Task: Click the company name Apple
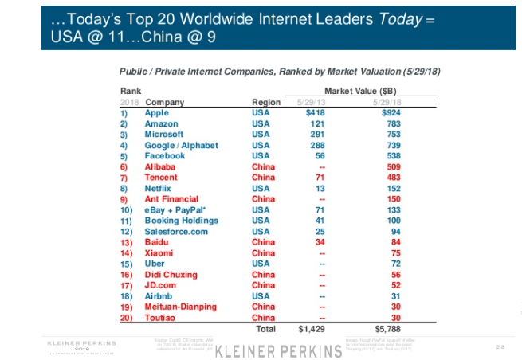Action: (156, 113)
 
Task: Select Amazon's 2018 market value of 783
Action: (392, 124)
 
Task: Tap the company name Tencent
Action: (161, 178)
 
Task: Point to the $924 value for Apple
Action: (390, 113)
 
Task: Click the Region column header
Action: (265, 102)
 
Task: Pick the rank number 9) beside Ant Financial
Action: (124, 199)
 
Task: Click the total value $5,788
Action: (387, 328)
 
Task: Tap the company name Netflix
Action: (159, 189)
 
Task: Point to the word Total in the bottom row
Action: (265, 328)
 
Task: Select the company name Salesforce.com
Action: (177, 231)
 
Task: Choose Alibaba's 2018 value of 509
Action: (392, 167)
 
